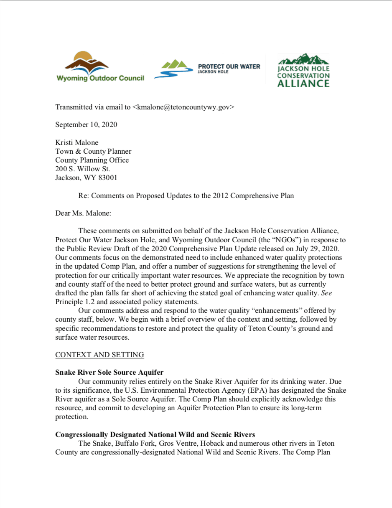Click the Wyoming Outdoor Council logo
[100, 66]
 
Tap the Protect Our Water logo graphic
[171, 69]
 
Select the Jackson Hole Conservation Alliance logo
[303, 70]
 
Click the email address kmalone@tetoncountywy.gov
[183, 107]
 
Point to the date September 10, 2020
[86, 124]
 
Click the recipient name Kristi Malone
[77, 143]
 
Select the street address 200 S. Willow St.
[83, 169]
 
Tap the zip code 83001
[107, 178]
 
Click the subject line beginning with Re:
[186, 196]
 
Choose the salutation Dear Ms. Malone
[83, 213]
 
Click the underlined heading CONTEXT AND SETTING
[99, 355]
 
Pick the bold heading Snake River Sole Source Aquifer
[109, 373]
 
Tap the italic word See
[326, 293]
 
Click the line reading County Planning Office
[92, 160]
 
